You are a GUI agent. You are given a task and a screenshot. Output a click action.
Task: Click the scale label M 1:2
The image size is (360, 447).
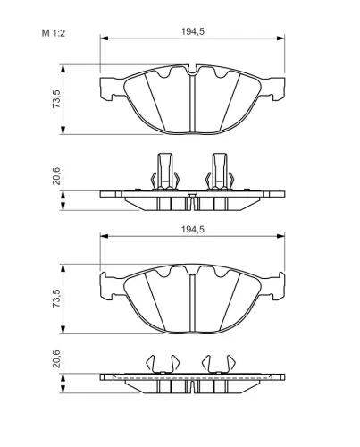tap(54, 33)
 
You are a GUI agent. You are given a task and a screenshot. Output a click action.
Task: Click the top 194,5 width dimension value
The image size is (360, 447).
tap(193, 31)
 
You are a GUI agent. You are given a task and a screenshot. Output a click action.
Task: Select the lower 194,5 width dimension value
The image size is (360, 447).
tap(193, 230)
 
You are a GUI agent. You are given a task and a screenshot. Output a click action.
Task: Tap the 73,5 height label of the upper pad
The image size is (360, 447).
tap(56, 98)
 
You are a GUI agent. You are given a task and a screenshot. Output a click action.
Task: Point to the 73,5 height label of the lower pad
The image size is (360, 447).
tap(56, 298)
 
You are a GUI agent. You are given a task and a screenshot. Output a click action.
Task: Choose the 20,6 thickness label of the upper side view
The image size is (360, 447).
tap(56, 176)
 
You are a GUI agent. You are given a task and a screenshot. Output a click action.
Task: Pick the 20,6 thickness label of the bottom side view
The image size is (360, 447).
tap(56, 359)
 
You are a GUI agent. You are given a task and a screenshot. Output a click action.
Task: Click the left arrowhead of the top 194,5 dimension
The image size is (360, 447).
tap(104, 38)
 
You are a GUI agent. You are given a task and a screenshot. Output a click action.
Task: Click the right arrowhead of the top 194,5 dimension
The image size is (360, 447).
tap(280, 38)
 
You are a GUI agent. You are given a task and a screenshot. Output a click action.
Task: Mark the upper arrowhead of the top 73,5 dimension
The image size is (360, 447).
tap(63, 68)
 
